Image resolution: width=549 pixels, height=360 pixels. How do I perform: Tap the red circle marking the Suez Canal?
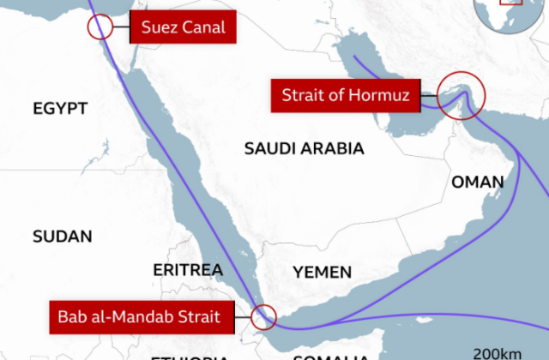click(101, 26)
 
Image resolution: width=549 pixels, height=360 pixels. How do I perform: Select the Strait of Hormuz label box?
click(346, 94)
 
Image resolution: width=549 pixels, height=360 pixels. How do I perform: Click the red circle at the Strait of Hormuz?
click(461, 94)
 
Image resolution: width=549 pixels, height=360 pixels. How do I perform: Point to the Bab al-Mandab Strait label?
click(138, 316)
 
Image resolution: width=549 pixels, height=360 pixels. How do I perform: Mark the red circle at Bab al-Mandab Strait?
click(263, 317)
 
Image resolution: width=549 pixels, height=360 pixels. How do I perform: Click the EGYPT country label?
click(60, 108)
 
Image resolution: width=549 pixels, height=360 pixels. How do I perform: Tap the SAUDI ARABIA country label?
click(304, 149)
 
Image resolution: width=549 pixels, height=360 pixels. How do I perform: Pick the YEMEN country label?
click(322, 273)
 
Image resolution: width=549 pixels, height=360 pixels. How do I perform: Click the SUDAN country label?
click(62, 236)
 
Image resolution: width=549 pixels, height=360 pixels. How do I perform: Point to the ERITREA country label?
click(188, 270)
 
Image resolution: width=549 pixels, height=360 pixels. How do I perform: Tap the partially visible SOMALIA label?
click(330, 357)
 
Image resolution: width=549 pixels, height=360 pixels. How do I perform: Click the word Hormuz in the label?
click(383, 94)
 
